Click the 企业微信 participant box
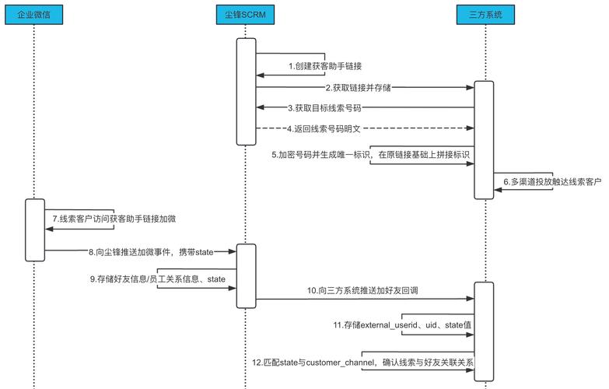point(35,15)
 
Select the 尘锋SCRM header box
point(247,15)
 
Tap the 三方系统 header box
point(485,15)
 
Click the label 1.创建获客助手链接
point(326,66)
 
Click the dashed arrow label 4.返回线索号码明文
point(327,128)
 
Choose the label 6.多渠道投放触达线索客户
point(552,181)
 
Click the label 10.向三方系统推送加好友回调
point(363,290)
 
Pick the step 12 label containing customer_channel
point(362,363)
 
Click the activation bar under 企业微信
point(35,230)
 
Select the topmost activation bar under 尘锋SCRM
point(247,91)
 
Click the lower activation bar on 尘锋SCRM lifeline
point(247,275)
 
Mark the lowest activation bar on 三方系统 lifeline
point(485,331)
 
